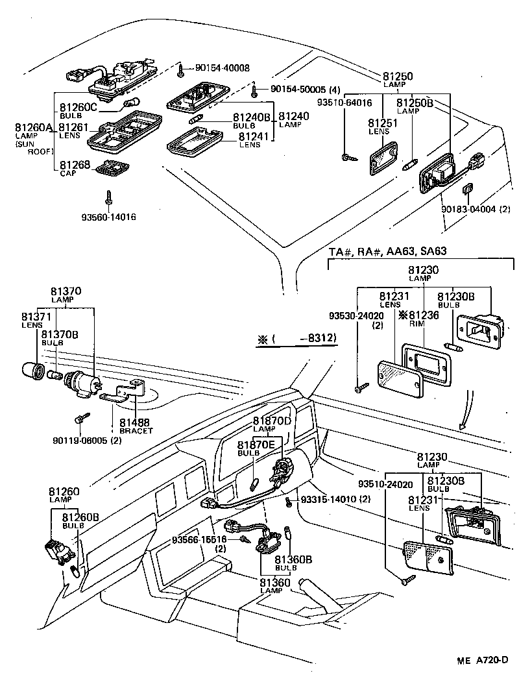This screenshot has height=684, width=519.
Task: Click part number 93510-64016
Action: point(344,103)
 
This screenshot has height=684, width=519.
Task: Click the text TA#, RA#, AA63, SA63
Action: point(388,251)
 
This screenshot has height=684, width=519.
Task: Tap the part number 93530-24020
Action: point(356,316)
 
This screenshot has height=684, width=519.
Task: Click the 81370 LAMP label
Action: point(66,295)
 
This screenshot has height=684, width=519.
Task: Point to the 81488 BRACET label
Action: point(136,426)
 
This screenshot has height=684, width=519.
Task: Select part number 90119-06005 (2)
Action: point(88,441)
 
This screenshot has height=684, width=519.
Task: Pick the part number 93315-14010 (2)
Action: point(335,499)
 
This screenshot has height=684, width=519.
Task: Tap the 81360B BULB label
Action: point(293,562)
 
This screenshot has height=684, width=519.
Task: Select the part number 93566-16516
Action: point(199,540)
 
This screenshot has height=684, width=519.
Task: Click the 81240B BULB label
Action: point(251,120)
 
